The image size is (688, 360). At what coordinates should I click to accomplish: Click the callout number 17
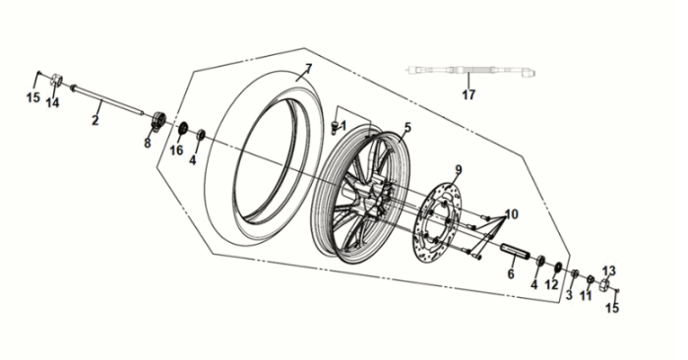click(469, 95)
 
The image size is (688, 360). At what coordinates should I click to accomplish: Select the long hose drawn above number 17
click(470, 72)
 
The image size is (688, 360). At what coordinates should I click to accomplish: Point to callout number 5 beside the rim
click(407, 126)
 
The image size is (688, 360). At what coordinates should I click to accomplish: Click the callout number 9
click(458, 168)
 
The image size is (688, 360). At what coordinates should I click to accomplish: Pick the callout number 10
click(512, 214)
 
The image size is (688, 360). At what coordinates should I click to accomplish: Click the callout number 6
click(511, 274)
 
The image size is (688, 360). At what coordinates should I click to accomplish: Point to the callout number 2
click(95, 120)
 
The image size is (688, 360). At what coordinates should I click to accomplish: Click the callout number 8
click(148, 143)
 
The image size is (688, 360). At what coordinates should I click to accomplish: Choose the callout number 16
click(177, 150)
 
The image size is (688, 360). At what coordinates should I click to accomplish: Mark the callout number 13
click(608, 270)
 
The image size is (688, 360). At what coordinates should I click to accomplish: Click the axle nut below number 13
click(606, 286)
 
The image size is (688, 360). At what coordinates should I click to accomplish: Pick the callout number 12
click(552, 284)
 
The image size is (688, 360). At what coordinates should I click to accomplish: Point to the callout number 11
click(586, 295)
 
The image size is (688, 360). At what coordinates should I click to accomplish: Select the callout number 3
click(569, 295)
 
